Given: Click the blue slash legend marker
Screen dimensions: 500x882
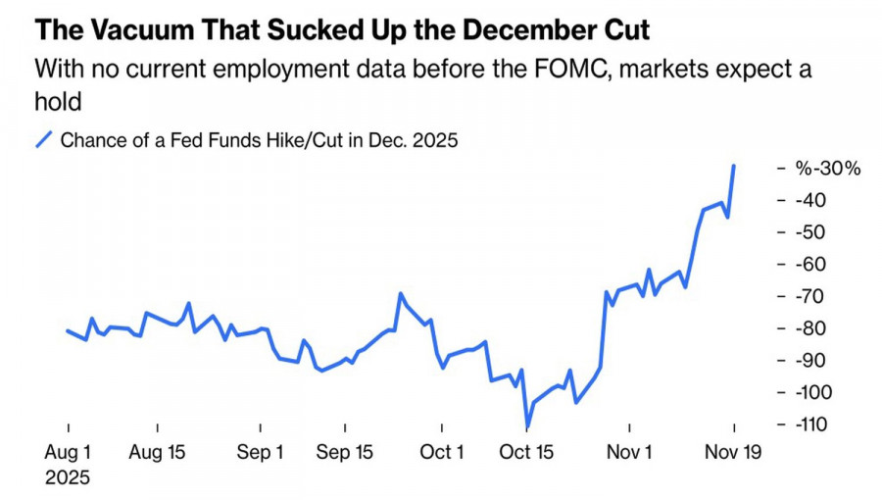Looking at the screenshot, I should click(44, 140).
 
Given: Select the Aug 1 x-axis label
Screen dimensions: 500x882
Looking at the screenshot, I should click(68, 453).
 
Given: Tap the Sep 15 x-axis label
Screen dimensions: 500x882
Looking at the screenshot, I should click(345, 453).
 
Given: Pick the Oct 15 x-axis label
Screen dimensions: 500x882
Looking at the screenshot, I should click(527, 453).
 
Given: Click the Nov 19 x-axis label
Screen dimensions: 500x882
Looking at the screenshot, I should click(734, 453).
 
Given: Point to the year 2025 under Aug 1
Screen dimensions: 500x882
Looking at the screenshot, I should click(68, 478).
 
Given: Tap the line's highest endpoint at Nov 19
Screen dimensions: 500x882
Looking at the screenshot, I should click(734, 166).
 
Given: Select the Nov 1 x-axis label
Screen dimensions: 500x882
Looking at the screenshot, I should click(630, 453).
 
